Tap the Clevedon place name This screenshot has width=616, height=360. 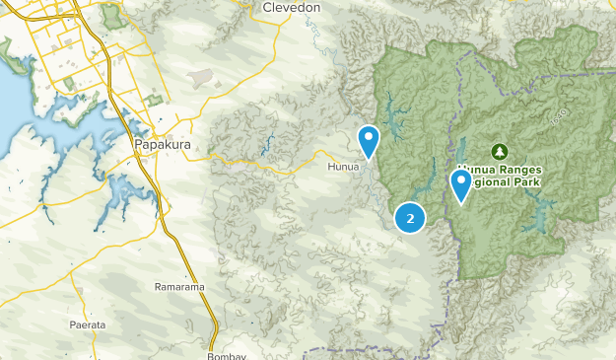292,8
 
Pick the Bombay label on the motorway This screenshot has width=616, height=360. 228,355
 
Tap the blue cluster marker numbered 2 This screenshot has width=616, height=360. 410,218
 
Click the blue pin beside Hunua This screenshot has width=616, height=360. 369,141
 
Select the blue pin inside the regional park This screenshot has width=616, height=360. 460,184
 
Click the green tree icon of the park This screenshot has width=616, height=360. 499,152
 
